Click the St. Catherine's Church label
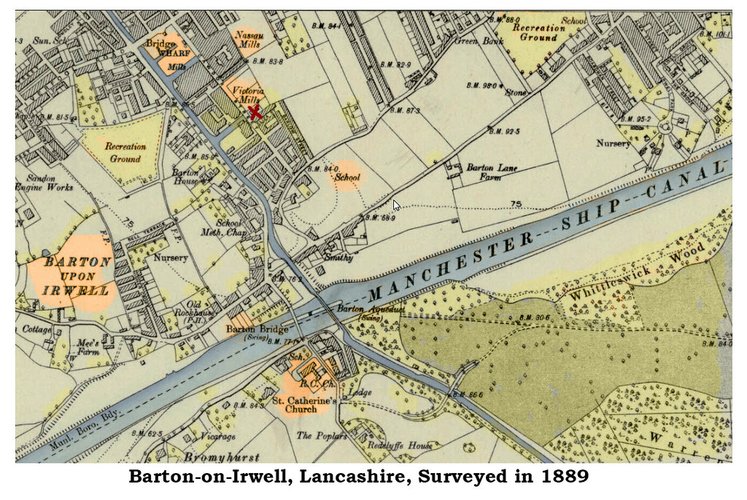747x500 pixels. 304,405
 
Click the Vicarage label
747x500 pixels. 217,437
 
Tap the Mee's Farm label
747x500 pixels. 88,348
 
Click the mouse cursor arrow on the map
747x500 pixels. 396,205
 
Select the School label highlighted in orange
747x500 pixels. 348,176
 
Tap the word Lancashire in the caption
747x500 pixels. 364,479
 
